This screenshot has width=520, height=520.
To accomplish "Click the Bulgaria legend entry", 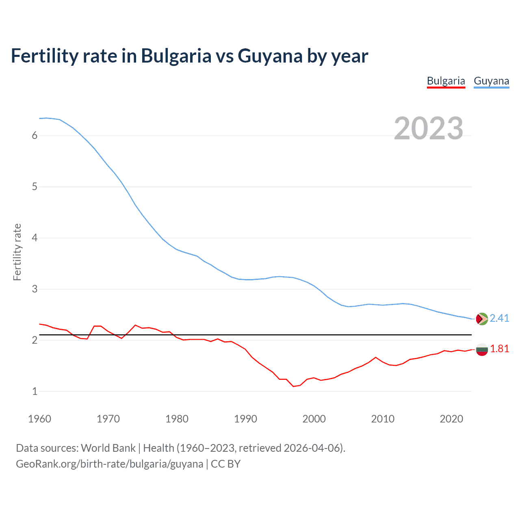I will [x=446, y=81].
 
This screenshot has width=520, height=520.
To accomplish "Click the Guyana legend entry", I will [x=491, y=81].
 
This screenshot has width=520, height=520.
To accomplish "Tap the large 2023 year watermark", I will [x=428, y=128].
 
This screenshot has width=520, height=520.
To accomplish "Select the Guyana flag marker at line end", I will [x=482, y=319].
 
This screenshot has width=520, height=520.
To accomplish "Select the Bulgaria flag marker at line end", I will [x=482, y=349].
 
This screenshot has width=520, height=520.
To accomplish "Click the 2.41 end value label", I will [x=499, y=318].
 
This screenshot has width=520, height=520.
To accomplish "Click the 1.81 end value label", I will [x=499, y=349].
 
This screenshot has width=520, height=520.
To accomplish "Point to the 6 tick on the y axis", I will [x=35, y=136].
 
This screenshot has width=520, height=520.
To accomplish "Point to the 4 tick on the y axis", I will [x=35, y=238].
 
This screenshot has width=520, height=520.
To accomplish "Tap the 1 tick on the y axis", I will [x=35, y=391].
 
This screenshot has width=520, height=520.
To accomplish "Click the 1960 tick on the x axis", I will [x=39, y=419].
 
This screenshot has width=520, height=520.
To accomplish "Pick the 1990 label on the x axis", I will [x=245, y=419].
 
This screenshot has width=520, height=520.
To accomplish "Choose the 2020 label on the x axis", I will [x=451, y=419].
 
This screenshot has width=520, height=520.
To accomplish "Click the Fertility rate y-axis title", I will [x=17, y=252].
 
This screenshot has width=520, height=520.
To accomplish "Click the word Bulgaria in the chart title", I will [x=176, y=56].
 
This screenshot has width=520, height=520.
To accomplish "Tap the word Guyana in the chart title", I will [x=270, y=56].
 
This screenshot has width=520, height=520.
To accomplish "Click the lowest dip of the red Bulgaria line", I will [x=293, y=386].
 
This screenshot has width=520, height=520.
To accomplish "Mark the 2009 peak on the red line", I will [x=375, y=357].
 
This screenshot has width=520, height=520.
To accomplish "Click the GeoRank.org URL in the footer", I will [x=109, y=464].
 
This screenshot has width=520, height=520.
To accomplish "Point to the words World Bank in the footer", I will [x=108, y=448].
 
